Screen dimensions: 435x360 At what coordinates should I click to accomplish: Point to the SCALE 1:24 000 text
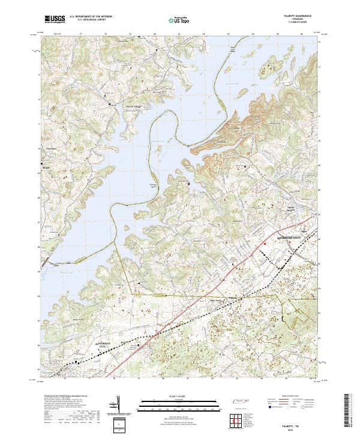[x=180, y=395]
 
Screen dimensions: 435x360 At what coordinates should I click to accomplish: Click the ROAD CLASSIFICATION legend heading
[x=290, y=397]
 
